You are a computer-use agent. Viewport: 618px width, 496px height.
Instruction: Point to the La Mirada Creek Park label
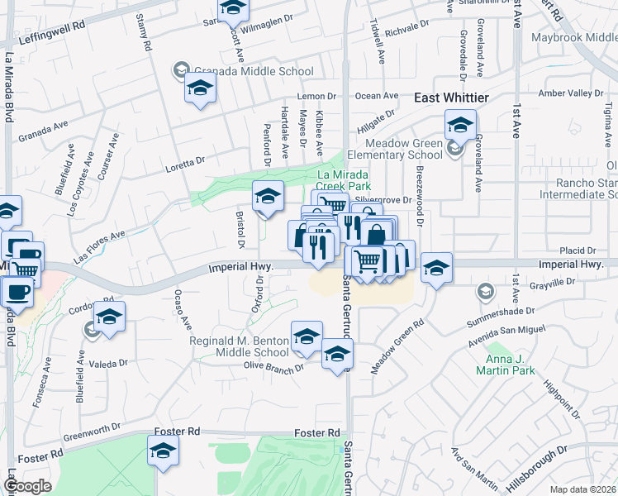click(345, 181)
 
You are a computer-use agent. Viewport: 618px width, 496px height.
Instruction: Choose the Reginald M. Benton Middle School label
click(240, 346)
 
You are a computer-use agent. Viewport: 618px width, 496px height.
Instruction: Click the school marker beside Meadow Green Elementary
click(460, 126)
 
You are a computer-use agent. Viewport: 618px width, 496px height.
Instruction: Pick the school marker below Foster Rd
click(163, 451)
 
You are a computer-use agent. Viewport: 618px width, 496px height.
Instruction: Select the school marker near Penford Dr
click(268, 197)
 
